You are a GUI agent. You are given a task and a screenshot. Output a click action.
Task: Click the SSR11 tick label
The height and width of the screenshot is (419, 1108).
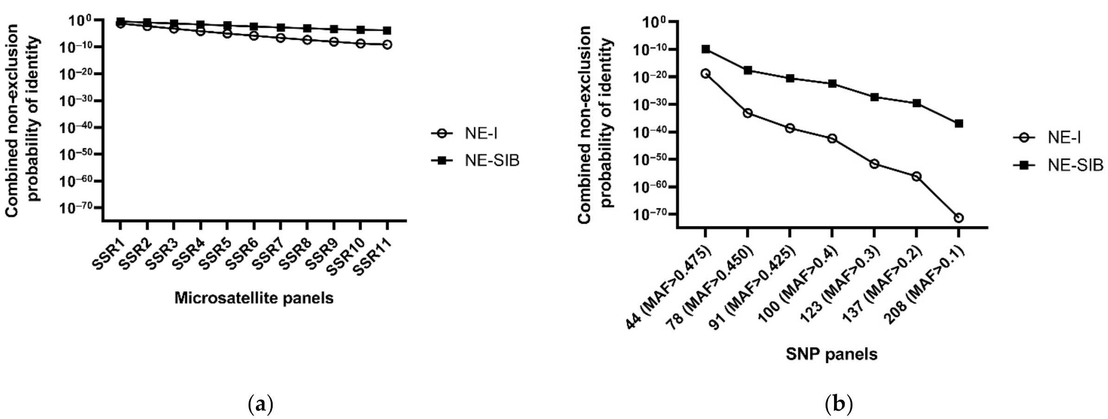373,256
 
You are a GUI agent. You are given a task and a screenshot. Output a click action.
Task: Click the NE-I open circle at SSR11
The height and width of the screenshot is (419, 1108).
387,44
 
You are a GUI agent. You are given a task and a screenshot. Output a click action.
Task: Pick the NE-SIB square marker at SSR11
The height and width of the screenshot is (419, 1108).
387,31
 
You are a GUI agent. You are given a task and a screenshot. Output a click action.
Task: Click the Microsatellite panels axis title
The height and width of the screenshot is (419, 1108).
254,298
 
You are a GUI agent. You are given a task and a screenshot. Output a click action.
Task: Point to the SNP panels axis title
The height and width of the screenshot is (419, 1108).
831,354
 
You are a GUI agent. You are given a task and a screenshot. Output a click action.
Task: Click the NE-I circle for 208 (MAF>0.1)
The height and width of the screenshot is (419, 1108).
959,218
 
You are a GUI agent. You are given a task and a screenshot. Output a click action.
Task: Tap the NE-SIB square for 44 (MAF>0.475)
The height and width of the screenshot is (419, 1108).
706,49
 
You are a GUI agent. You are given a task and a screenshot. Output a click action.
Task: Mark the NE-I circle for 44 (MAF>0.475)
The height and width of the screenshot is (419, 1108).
706,73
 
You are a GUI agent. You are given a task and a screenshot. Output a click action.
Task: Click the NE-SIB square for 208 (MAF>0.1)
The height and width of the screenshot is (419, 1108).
959,124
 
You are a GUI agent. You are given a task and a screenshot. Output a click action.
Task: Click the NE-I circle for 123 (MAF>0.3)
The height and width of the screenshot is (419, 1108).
874,164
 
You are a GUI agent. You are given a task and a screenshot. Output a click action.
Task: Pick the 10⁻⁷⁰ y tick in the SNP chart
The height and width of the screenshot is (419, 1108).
652,215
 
